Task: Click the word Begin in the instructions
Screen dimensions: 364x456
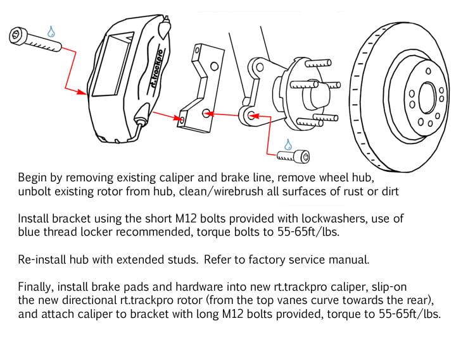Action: [x=32, y=178]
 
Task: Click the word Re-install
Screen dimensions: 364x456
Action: [x=41, y=259]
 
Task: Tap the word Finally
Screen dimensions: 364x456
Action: [x=35, y=287]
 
